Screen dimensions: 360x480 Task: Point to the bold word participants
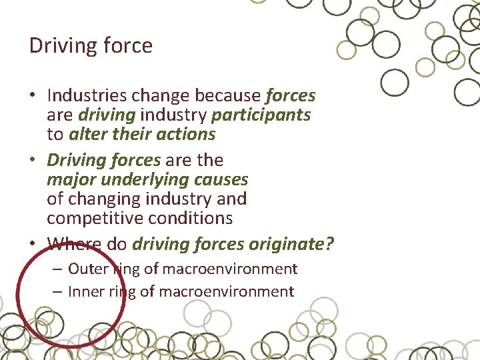click(261, 115)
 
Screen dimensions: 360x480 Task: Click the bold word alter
click(85, 134)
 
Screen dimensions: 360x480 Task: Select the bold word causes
click(223, 179)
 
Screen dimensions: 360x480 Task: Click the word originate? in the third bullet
click(291, 244)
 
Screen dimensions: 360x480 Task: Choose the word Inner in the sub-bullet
click(85, 291)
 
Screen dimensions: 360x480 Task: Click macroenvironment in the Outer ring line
click(229, 269)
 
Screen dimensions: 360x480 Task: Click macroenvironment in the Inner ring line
click(227, 291)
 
